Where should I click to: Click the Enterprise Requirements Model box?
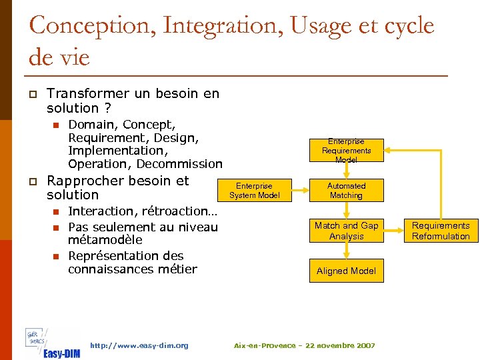click(346, 151)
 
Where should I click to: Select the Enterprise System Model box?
click(254, 191)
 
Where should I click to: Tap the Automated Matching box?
click(346, 191)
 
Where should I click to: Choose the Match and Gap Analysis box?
click(346, 231)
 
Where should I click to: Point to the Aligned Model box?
click(346, 271)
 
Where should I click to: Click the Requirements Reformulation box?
click(441, 231)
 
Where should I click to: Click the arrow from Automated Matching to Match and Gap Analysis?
click(346, 210)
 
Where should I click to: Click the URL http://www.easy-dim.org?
click(139, 345)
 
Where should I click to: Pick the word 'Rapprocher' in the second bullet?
click(85, 181)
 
